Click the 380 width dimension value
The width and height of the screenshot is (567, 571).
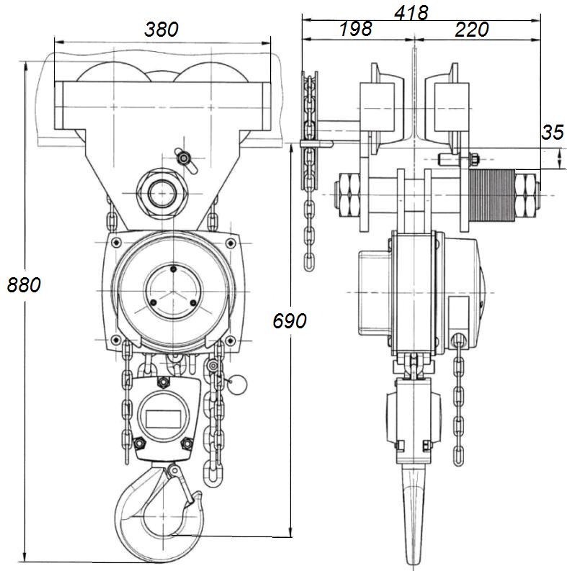pyautogui.click(x=161, y=30)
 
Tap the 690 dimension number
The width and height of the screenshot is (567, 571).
pyautogui.click(x=289, y=321)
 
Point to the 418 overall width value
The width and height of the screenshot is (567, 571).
pyautogui.click(x=411, y=12)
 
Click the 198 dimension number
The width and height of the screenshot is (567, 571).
pyautogui.click(x=355, y=30)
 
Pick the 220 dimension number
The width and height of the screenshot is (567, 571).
pyautogui.click(x=472, y=30)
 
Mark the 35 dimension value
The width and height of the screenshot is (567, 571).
pyautogui.click(x=553, y=132)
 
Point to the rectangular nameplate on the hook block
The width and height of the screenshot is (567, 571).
pyautogui.click(x=164, y=417)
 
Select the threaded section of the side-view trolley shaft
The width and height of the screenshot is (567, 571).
pyautogui.click(x=491, y=194)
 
